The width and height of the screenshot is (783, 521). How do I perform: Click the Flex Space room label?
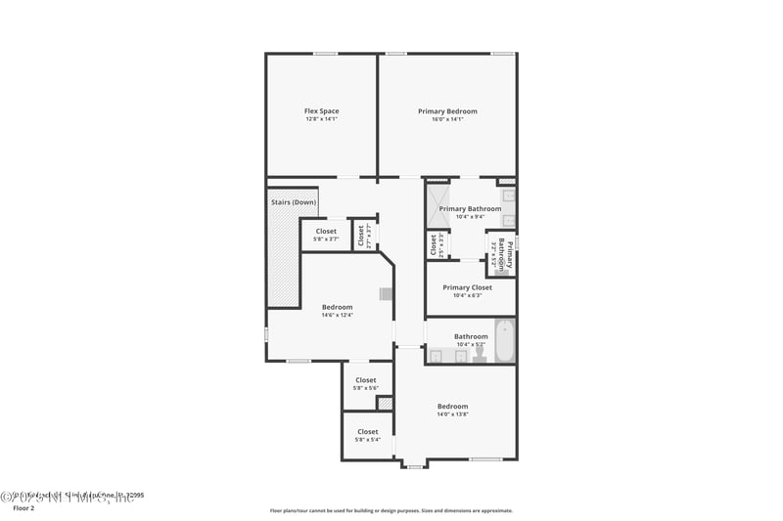tap(321, 110)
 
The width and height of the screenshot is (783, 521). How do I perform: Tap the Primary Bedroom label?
tap(447, 110)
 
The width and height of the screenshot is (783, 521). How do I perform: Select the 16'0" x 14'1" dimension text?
tap(447, 119)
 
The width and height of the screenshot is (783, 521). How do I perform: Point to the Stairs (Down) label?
tap(293, 202)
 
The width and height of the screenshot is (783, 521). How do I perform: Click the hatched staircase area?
tap(283, 259)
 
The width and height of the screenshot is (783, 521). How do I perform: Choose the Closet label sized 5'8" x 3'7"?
tap(326, 231)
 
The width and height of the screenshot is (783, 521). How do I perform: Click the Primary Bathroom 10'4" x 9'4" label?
tap(470, 208)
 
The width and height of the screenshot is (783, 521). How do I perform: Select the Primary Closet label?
tap(470, 287)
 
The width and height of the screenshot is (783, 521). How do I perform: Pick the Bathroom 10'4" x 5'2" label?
tap(471, 336)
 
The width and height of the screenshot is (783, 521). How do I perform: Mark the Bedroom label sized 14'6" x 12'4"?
tap(337, 307)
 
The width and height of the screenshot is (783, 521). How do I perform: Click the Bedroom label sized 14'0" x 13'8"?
tap(452, 406)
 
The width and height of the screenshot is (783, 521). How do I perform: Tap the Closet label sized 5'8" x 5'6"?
tap(366, 380)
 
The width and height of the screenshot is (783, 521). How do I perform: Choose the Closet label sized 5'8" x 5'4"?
tap(368, 431)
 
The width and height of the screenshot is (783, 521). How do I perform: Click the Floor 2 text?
tap(23, 508)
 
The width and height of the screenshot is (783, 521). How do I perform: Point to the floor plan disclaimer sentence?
tap(391, 510)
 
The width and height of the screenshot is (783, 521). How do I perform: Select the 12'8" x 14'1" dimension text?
tap(321, 119)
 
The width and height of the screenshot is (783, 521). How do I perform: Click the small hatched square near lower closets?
tap(385, 403)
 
